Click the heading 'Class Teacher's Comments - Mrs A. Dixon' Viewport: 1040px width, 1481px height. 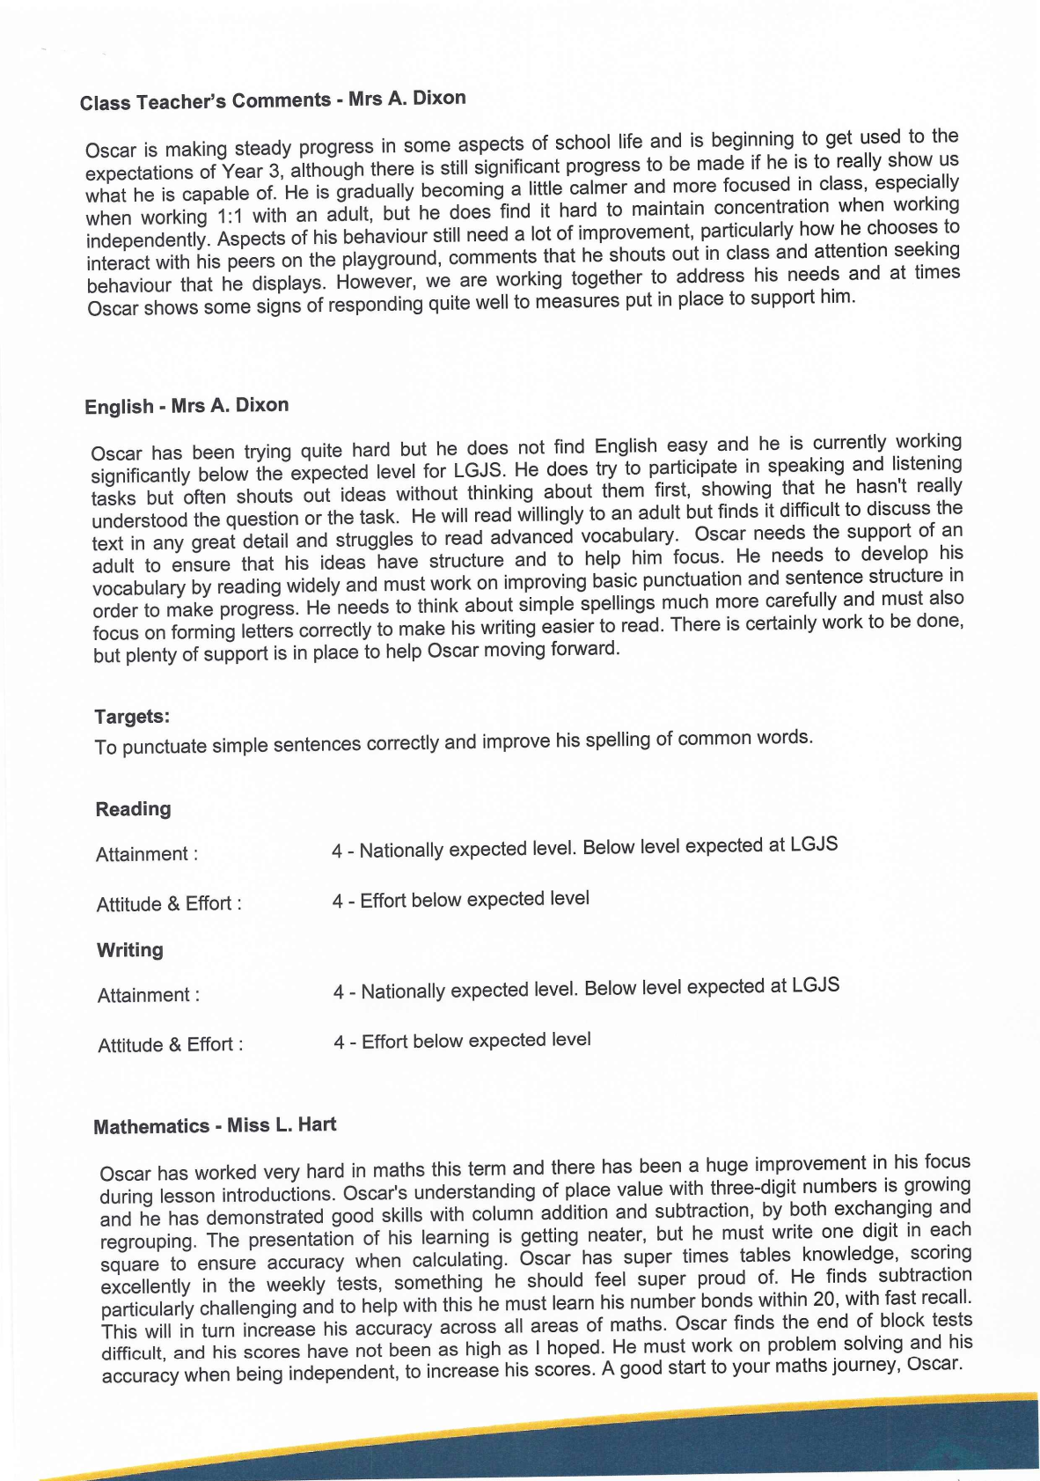click(x=273, y=100)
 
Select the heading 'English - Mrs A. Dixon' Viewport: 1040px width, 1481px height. click(x=187, y=406)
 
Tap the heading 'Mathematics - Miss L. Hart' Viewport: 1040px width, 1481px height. click(x=215, y=1125)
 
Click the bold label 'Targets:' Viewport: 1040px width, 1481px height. click(x=132, y=717)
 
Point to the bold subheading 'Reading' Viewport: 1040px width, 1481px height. click(x=133, y=809)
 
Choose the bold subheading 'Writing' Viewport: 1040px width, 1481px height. click(x=130, y=950)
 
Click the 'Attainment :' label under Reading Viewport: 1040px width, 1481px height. click(x=147, y=854)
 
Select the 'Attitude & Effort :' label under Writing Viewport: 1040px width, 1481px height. click(x=170, y=1045)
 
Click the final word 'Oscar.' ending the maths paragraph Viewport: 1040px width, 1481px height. click(x=934, y=1364)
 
